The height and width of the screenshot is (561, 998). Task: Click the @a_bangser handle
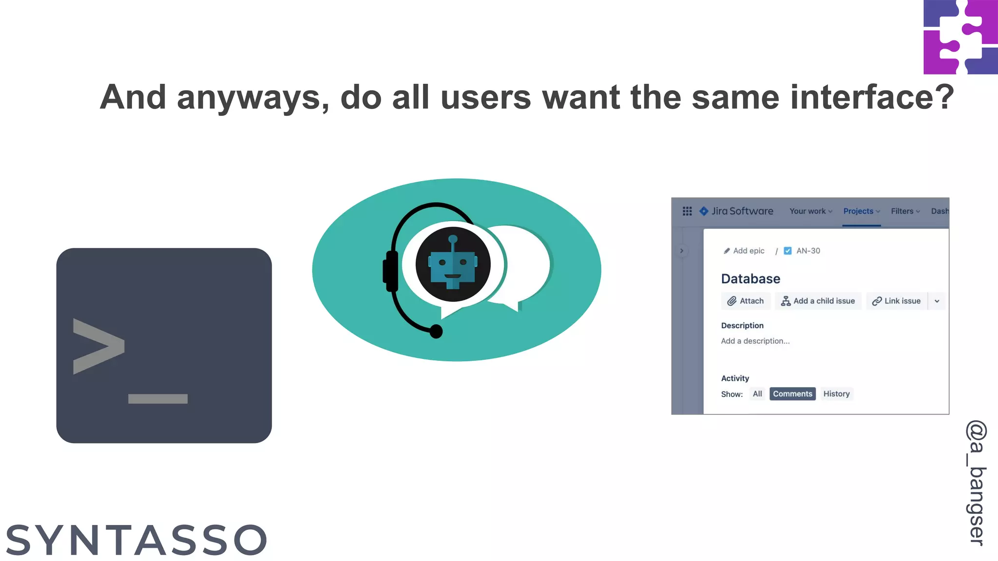tap(976, 482)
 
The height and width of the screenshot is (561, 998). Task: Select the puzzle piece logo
tap(960, 37)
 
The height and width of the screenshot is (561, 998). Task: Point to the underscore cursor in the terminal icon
tap(157, 399)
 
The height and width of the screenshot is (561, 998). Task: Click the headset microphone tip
tap(436, 332)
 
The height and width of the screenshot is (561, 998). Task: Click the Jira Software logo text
tap(742, 211)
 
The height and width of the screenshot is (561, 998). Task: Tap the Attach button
tap(746, 301)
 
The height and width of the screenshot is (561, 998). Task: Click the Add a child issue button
tap(818, 301)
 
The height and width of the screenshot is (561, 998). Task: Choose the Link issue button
tap(897, 301)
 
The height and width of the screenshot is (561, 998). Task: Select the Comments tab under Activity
tap(792, 394)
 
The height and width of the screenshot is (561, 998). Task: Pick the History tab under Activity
tap(836, 394)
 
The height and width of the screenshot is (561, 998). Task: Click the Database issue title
tap(750, 279)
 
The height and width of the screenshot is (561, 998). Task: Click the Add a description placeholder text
tap(755, 341)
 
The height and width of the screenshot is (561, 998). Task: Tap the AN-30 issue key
tap(808, 251)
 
